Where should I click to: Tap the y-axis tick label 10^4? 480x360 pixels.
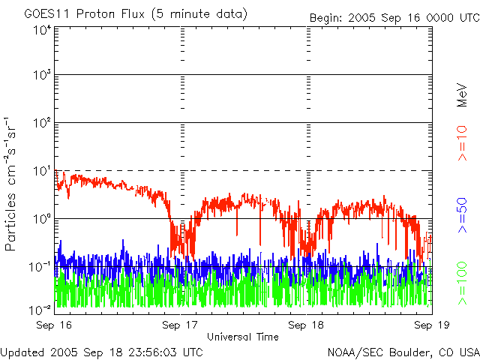[42, 30]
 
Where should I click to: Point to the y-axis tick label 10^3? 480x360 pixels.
[42, 75]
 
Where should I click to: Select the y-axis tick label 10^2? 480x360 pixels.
[42, 123]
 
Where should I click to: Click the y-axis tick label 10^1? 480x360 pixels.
[42, 171]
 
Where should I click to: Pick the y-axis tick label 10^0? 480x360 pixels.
[42, 219]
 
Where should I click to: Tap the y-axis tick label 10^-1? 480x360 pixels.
[40, 267]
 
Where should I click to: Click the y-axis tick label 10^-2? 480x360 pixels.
[40, 308]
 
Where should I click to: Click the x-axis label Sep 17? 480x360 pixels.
[181, 325]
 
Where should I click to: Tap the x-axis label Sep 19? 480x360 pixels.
[430, 325]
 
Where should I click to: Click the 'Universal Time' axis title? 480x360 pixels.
[243, 337]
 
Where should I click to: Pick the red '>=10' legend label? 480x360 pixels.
[463, 143]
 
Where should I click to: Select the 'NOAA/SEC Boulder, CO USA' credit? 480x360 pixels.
[403, 352]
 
